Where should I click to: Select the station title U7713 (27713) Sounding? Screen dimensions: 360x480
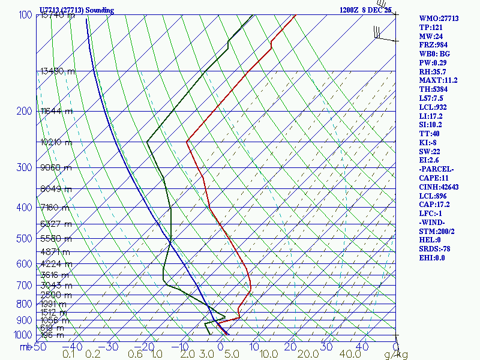point(76,10)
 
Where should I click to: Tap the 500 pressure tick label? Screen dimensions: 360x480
point(25,239)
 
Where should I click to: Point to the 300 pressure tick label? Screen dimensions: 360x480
point(25,167)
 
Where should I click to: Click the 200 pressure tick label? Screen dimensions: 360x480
point(25,111)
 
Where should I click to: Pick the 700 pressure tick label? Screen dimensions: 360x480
point(25,285)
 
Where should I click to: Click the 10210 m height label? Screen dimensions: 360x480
point(56,143)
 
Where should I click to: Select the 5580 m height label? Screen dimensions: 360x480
point(56,238)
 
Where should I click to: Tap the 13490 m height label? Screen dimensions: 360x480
point(58,71)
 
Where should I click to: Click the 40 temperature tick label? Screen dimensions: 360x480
point(362,347)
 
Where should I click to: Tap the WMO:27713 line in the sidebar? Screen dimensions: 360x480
point(439,19)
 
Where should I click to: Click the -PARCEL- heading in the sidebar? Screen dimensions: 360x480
point(436,169)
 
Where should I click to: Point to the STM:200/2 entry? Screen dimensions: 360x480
point(437,231)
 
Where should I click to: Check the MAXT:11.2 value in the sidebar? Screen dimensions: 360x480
point(438,80)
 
